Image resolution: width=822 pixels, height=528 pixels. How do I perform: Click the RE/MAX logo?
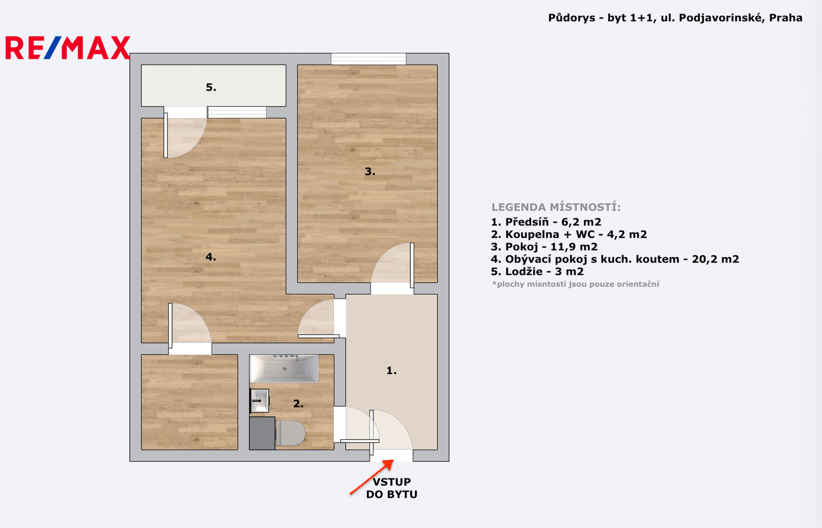coord(68,47)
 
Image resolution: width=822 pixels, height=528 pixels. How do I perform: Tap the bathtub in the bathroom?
coord(284,369)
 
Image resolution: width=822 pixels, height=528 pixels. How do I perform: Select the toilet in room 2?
coord(291,433)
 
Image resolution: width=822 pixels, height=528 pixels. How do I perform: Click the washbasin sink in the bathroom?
coord(259,401)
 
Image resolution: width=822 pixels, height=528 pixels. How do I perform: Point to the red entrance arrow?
coord(371,477)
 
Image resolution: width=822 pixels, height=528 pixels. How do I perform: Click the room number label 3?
coord(370,172)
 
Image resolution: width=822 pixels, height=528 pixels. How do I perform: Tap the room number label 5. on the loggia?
coord(211,87)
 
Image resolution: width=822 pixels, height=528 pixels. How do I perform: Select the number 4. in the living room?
coord(211,257)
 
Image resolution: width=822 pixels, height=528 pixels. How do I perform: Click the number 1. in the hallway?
coord(391,371)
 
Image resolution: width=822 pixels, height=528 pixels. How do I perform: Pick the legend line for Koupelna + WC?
coord(569,234)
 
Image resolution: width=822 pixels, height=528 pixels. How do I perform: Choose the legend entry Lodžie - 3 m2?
coord(537,272)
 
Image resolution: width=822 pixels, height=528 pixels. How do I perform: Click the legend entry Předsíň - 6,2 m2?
coord(546,222)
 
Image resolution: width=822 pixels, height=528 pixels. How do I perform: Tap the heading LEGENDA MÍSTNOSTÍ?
coord(556,208)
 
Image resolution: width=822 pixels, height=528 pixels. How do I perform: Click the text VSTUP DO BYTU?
coord(391,488)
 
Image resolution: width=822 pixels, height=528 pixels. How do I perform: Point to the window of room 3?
coord(368,59)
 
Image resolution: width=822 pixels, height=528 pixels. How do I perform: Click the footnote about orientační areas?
coord(575,284)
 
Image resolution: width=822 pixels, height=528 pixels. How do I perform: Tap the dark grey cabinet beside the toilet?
coord(262,433)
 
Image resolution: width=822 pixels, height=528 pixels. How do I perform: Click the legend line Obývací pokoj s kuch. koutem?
coord(615,259)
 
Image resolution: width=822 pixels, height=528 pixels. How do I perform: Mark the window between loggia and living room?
coord(237,112)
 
